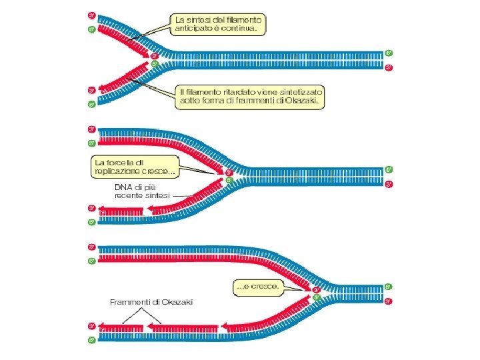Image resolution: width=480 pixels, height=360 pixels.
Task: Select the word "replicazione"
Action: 119,171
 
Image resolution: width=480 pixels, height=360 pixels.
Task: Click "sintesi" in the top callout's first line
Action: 201,19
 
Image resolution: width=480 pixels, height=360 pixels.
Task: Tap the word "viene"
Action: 258,91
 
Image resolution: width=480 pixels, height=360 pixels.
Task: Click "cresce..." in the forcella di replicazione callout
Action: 159,171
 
